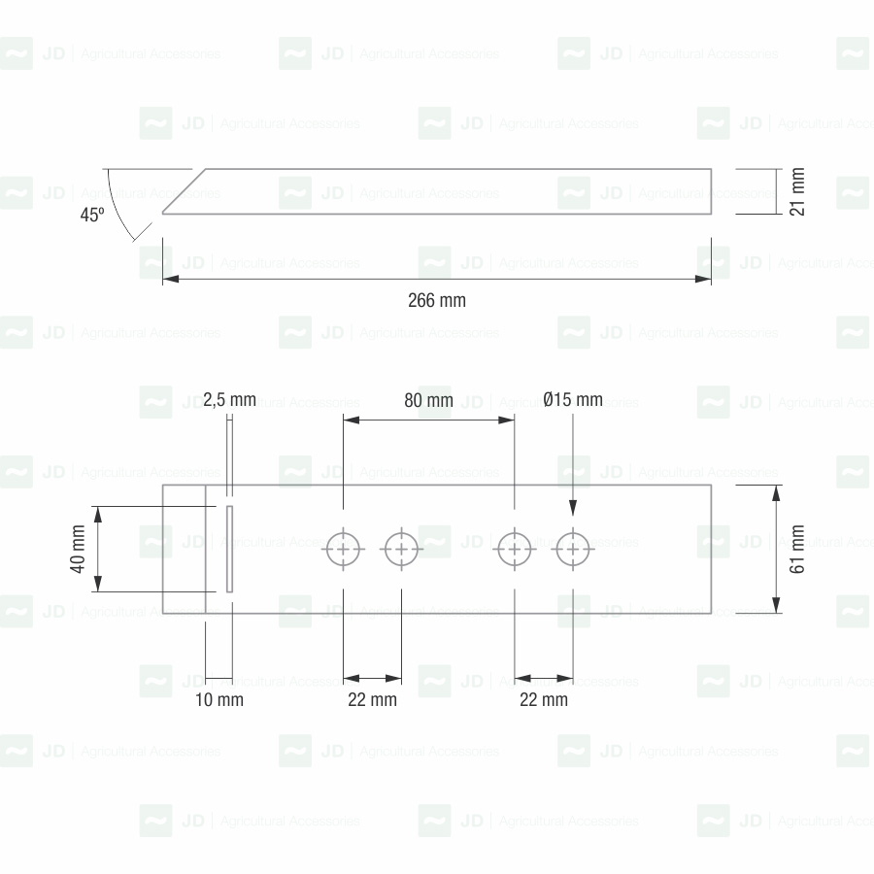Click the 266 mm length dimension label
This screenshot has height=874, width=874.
tap(436, 301)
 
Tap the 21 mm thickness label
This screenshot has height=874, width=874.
tap(798, 192)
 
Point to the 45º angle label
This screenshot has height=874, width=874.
tap(92, 216)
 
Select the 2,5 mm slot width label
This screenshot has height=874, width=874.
tap(230, 400)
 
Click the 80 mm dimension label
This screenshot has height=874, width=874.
tap(428, 400)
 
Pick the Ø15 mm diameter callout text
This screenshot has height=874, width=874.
tap(573, 400)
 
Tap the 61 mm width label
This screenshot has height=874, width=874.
tap(798, 550)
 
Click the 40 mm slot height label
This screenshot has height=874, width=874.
tap(78, 550)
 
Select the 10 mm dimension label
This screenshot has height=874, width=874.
tap(218, 699)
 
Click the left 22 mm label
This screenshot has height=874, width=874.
tap(372, 699)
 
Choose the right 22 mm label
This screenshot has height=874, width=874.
tap(543, 699)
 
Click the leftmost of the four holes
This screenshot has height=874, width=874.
tap(343, 550)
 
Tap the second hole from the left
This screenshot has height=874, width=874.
tap(401, 550)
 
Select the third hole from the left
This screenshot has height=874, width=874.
tap(515, 550)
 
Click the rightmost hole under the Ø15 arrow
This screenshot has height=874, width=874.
tap(573, 550)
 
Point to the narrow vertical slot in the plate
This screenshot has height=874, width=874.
tap(229, 549)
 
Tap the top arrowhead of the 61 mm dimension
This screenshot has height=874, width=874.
tap(777, 490)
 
